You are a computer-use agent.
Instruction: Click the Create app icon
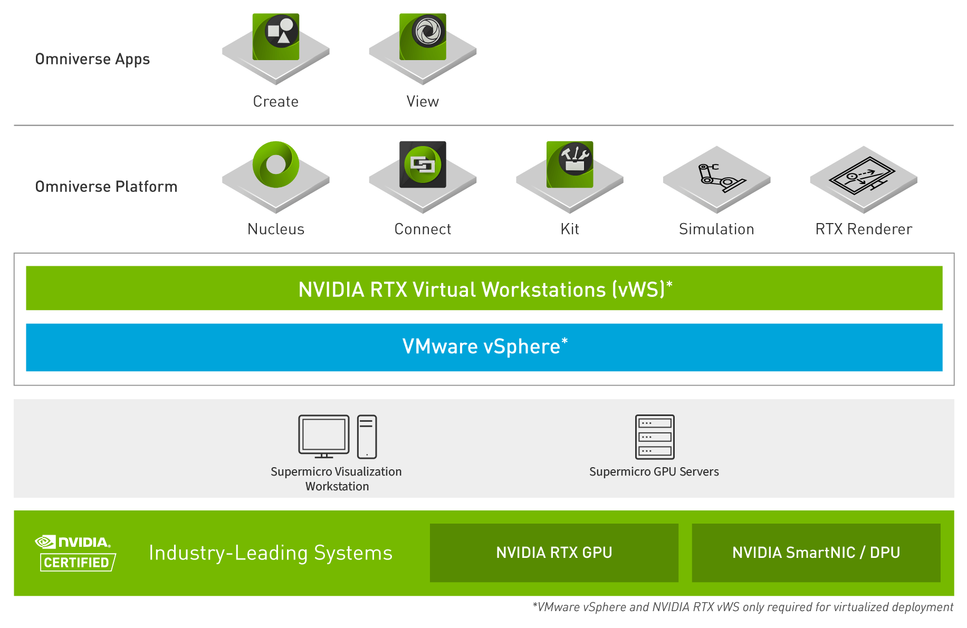pos(276,37)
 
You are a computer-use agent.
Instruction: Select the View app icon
pos(423,37)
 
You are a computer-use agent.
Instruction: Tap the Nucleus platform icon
pos(276,165)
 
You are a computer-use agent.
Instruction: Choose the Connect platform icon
pos(423,165)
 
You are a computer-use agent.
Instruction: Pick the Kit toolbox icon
pos(570,165)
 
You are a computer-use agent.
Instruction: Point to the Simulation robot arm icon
pos(716,177)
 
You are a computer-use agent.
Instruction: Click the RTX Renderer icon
pos(864,177)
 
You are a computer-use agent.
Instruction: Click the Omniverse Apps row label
pos(93,59)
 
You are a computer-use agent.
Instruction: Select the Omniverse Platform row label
pos(106,187)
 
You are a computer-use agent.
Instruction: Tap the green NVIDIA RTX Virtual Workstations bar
pos(484,288)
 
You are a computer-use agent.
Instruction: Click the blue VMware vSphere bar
pos(484,347)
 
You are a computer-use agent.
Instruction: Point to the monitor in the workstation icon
pos(324,436)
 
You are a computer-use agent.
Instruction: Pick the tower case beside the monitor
pos(367,437)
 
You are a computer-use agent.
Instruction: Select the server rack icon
pos(655,437)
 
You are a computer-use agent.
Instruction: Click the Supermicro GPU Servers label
pos(654,472)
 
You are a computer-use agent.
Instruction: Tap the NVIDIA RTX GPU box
pos(554,553)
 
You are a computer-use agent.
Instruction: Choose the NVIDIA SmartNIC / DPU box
pos(816,553)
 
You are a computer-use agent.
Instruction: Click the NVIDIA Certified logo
pos(75,553)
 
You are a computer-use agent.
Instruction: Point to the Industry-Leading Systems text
pos(271,553)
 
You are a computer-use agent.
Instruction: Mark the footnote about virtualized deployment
pos(742,607)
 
